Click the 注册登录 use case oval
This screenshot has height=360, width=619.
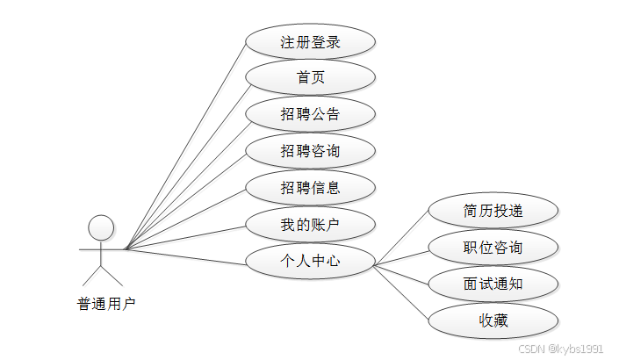coord(311,41)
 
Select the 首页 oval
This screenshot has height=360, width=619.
coord(311,77)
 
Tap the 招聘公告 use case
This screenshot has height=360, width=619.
coord(311,114)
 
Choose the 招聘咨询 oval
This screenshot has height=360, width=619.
coord(311,151)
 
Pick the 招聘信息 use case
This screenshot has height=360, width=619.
coord(311,187)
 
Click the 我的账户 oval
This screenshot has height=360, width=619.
coord(311,225)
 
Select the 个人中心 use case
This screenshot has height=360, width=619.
coord(311,261)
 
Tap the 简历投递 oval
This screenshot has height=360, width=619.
coord(493,211)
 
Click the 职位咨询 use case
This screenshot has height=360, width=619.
coord(493,248)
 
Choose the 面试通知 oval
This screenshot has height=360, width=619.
coord(493,284)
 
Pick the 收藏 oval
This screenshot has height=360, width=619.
coord(493,320)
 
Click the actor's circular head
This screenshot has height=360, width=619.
coord(102,227)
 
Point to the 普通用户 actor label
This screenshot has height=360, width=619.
coord(106,305)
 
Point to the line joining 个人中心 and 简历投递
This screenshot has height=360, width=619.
coord(402,238)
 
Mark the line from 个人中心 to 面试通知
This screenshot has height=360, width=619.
coord(402,274)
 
